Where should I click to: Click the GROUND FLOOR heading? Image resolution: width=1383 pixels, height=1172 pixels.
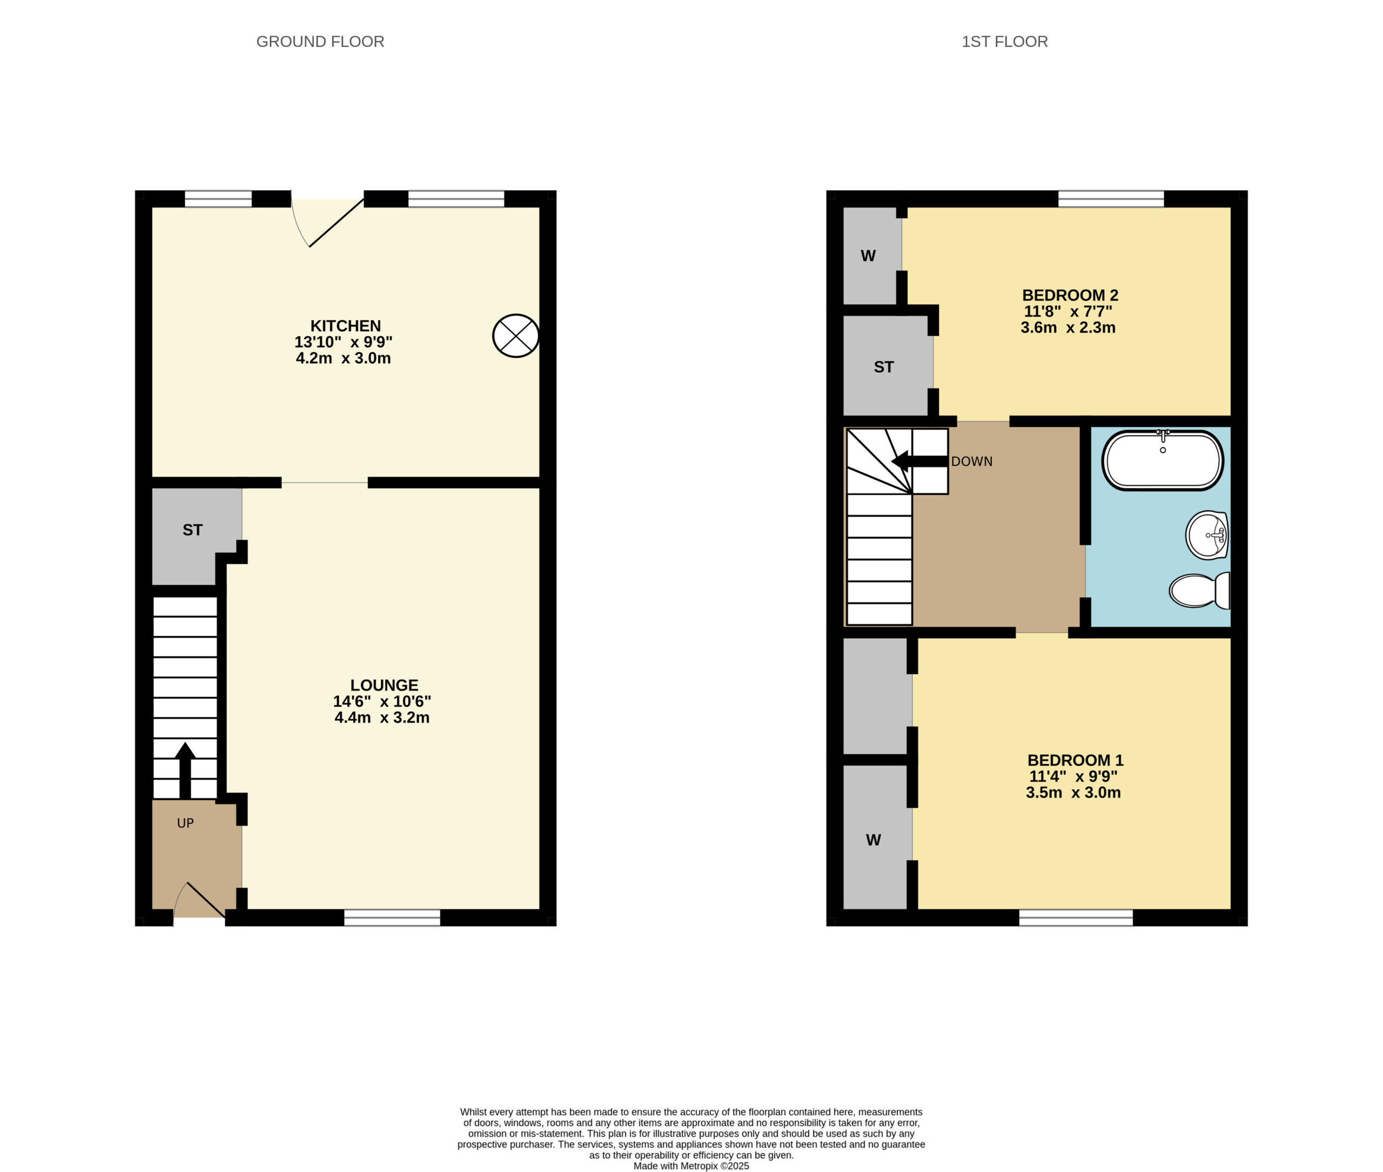coord(320,42)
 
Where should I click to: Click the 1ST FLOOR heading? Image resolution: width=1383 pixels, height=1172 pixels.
coord(1004,42)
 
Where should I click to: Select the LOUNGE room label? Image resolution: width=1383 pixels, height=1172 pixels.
coord(384,685)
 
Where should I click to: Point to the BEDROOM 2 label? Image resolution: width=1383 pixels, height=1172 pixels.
coord(1070,295)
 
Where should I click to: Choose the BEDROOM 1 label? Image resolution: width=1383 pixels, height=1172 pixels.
coord(1075,760)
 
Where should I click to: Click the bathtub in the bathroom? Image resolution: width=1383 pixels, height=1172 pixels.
coord(1163,460)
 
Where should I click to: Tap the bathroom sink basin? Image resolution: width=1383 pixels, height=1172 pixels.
coord(1206,535)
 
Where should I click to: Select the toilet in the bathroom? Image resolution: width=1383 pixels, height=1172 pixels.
coord(1199,591)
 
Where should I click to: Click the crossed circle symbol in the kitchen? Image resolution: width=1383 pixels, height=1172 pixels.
coord(515,336)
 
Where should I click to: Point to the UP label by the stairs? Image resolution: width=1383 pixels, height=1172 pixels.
coord(185,823)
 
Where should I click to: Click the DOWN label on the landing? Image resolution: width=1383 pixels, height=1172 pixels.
coord(972,461)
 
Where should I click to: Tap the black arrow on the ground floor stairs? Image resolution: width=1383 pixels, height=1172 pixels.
coord(185,770)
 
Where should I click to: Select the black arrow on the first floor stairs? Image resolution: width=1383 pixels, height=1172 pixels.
coord(919,461)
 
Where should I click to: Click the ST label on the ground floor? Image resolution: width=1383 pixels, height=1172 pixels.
coord(193,530)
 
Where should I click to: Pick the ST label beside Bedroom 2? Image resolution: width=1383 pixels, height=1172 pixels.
coord(883,367)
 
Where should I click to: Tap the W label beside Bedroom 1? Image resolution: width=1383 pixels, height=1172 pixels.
coord(874,840)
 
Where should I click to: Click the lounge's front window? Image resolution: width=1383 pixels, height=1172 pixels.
coord(392,917)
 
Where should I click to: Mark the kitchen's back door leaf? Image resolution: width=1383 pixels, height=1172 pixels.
coord(337,223)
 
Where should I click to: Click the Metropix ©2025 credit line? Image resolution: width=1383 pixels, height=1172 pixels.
coord(691,1166)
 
